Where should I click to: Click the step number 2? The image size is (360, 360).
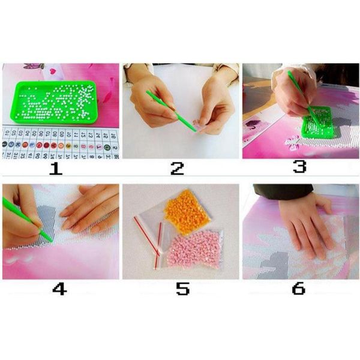tap(177, 168)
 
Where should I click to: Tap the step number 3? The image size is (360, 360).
tap(299, 166)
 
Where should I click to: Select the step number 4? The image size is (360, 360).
tap(59, 289)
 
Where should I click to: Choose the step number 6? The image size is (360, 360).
tap(298, 289)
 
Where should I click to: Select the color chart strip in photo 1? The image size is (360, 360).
tap(60, 143)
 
